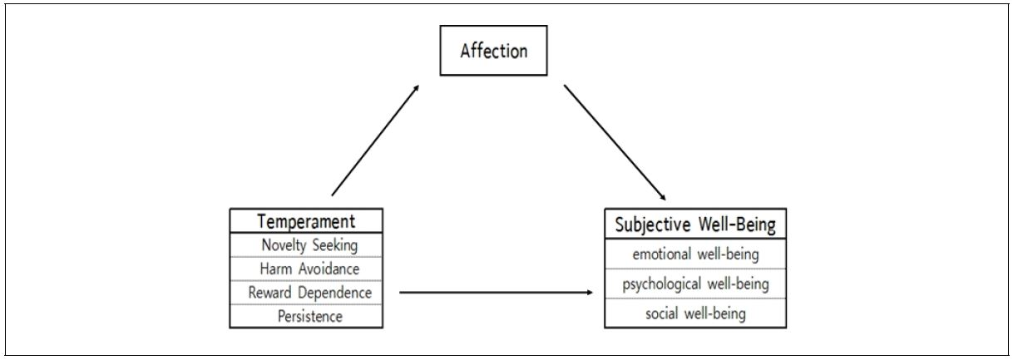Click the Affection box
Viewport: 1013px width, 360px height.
(x=494, y=52)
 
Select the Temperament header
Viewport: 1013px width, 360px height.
(x=306, y=221)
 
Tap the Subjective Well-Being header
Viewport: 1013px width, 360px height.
(x=695, y=224)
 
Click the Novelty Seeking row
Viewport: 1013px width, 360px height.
(x=306, y=245)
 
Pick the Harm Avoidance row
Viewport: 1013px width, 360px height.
(x=306, y=269)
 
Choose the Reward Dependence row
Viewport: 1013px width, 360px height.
(x=306, y=293)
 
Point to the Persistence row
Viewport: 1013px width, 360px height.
(x=306, y=316)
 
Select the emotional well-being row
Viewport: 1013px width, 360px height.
(x=695, y=254)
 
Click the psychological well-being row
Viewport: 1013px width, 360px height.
(x=695, y=284)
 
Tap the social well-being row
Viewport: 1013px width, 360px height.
(x=695, y=313)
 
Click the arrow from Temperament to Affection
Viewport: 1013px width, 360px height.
(x=375, y=140)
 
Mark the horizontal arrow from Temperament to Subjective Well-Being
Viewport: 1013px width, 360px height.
(x=497, y=293)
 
